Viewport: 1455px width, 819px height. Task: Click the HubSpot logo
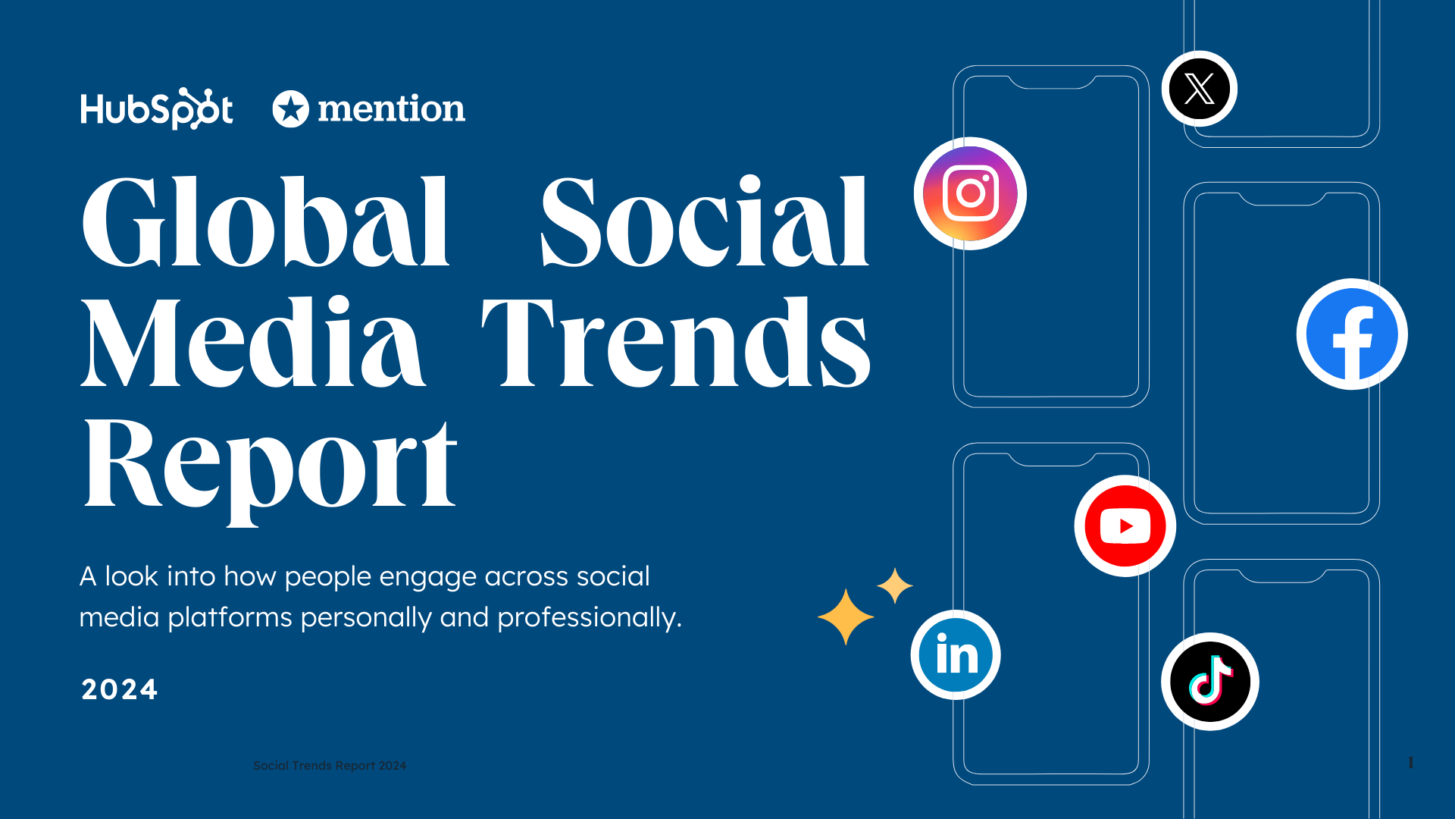pyautogui.click(x=157, y=109)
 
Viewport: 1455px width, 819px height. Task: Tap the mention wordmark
pyautogui.click(x=391, y=109)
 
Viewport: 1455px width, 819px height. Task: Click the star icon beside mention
pyautogui.click(x=290, y=109)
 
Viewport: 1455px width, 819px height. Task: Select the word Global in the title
pyautogui.click(x=265, y=221)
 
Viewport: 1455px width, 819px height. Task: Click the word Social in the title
pyautogui.click(x=705, y=221)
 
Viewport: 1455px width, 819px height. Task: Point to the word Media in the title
pyautogui.click(x=252, y=343)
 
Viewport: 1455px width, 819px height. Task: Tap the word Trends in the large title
pyautogui.click(x=676, y=343)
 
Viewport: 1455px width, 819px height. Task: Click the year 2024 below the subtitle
pyautogui.click(x=119, y=689)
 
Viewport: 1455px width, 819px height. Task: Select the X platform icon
pyautogui.click(x=1199, y=89)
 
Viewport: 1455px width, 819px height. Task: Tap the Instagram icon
pyautogui.click(x=970, y=193)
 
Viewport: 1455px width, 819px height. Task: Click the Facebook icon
pyautogui.click(x=1352, y=334)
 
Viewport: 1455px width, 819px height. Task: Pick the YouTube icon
pyautogui.click(x=1125, y=526)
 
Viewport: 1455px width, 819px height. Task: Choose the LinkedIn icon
pyautogui.click(x=956, y=654)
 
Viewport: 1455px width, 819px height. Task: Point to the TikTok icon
pyautogui.click(x=1210, y=681)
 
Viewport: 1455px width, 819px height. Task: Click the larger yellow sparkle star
pyautogui.click(x=846, y=617)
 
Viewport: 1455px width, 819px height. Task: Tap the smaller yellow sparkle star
pyautogui.click(x=895, y=586)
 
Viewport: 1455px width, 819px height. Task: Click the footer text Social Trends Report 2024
pyautogui.click(x=330, y=766)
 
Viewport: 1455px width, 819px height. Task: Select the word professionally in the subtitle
pyautogui.click(x=589, y=618)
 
